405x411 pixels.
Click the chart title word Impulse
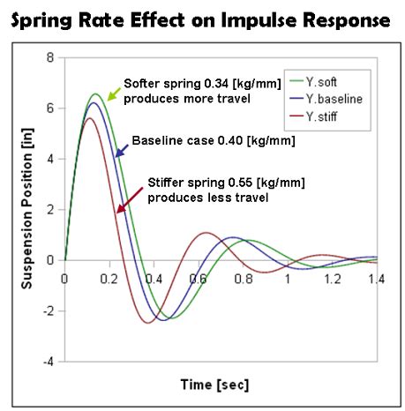coord(252,19)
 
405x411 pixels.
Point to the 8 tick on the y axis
coord(50,58)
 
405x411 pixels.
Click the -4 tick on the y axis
coord(48,362)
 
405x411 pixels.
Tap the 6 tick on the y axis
coord(50,108)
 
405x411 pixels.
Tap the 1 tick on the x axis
coord(288,279)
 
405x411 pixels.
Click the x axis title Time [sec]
coord(214,385)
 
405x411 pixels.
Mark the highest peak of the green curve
coord(96,93)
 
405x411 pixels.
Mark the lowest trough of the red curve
coord(149,323)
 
